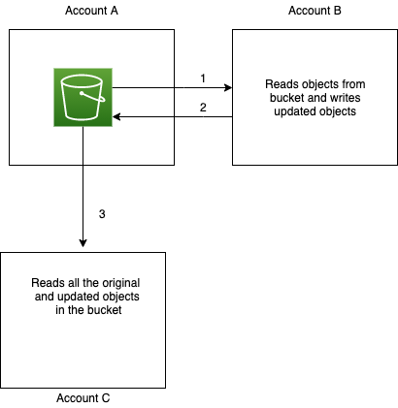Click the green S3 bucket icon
[83, 96]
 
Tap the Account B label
[315, 11]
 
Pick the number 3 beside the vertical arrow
[102, 212]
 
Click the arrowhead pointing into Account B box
[227, 88]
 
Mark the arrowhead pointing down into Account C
[83, 246]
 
